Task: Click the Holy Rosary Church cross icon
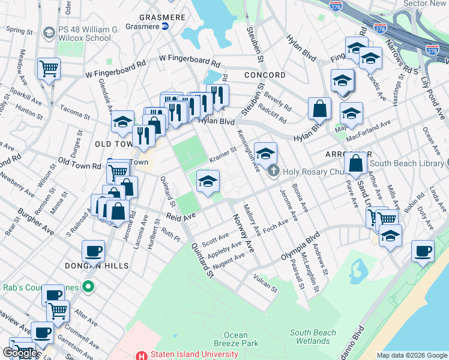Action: click(274, 170)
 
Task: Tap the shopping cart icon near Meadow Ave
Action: click(49, 68)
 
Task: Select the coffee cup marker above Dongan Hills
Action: click(93, 251)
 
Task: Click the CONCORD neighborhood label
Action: click(265, 75)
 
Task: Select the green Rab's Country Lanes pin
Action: click(88, 287)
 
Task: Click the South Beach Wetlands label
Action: click(309, 337)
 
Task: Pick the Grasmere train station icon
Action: click(164, 26)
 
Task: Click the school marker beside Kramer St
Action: click(208, 182)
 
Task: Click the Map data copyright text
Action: click(411, 355)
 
